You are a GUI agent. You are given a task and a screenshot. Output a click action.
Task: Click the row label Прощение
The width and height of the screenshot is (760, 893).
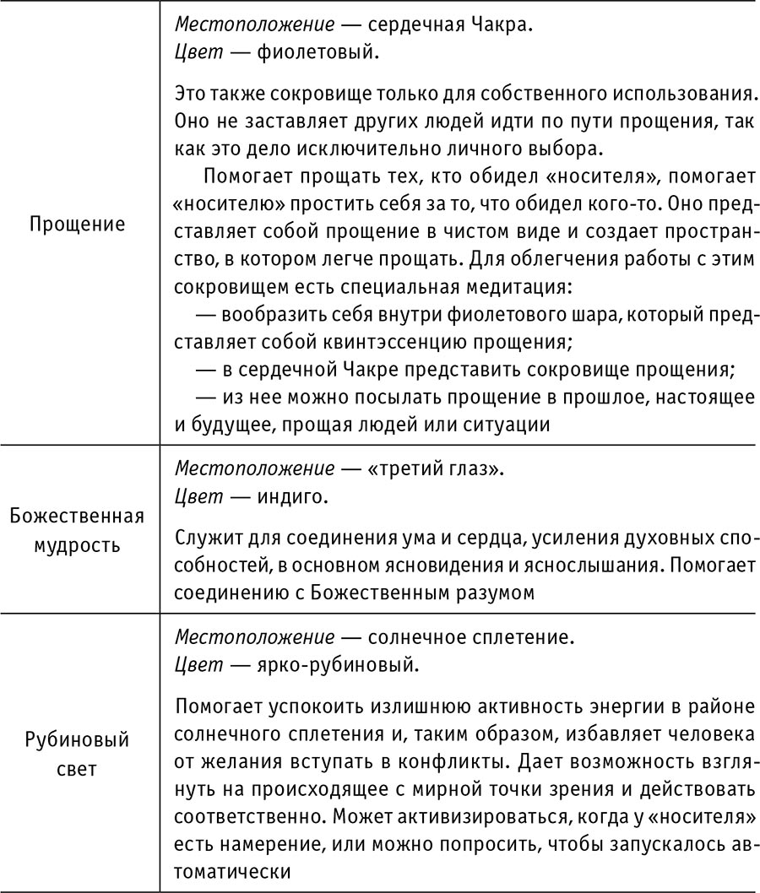pos(78,225)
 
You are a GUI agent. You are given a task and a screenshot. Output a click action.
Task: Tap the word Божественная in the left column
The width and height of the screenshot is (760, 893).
pos(78,515)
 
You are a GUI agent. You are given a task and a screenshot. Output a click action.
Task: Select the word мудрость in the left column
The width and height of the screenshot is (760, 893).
pos(78,544)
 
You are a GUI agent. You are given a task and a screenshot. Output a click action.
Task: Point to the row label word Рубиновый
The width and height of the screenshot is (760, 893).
pos(78,741)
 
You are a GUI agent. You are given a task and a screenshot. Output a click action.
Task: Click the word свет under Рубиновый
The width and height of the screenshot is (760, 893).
pos(78,770)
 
